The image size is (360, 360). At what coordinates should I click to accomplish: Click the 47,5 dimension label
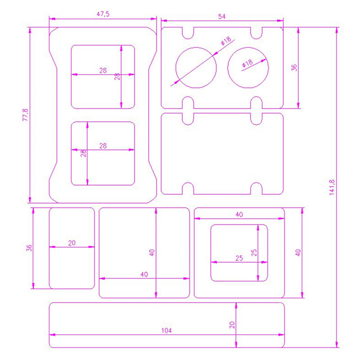103,14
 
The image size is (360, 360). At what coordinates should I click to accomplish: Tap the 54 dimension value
221,17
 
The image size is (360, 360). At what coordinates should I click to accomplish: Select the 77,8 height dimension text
25,115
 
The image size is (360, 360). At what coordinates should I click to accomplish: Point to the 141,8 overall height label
332,187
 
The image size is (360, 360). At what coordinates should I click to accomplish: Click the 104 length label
166,330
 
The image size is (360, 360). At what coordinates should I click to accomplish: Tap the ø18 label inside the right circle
247,63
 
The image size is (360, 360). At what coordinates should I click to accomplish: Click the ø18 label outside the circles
226,41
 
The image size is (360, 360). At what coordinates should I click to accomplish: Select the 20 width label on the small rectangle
72,243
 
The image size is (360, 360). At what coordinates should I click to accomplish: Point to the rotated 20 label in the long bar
232,325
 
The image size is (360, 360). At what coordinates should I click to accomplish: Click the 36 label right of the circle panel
294,67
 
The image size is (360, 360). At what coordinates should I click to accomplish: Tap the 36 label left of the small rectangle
29,248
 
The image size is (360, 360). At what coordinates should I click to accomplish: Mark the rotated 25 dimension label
254,252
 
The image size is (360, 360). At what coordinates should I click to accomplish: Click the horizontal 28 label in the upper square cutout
103,71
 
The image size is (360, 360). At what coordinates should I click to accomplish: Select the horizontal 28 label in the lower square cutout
103,146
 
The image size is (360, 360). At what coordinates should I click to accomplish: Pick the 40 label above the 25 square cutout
239,215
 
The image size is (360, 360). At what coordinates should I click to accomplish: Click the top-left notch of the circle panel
188,38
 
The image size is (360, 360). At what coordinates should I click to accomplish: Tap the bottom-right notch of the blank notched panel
256,183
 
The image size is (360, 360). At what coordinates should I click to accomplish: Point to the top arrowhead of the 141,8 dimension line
337,30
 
